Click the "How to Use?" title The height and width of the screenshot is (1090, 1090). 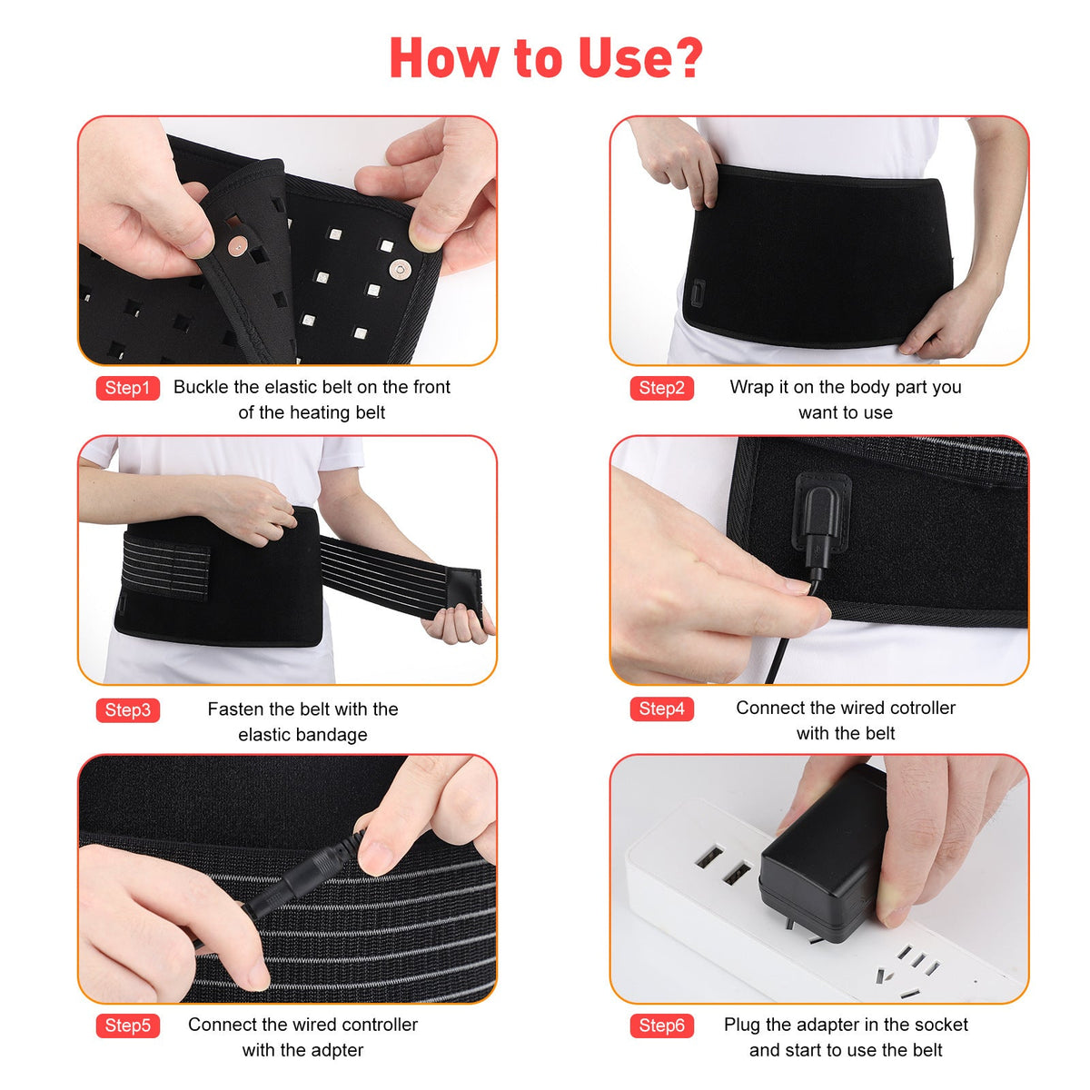pos(545,58)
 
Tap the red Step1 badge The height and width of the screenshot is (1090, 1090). pos(127,388)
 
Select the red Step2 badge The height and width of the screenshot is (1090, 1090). pos(661,388)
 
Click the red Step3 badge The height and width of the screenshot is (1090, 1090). pos(127,709)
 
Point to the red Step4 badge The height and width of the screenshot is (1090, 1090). pos(661,708)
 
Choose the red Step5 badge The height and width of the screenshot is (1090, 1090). pos(127,1026)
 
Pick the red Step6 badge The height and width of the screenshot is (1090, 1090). pos(661,1026)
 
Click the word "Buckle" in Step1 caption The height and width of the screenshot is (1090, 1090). pos(201,387)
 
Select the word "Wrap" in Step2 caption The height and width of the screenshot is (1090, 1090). pos(751,387)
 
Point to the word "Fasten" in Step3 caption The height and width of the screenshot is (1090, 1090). pos(235,708)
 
